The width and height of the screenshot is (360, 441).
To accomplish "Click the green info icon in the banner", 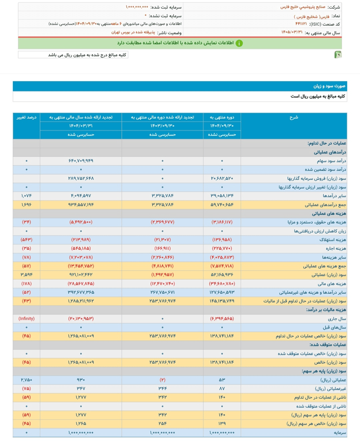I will point(239,43).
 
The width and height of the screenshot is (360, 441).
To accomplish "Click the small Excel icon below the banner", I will point(338,55).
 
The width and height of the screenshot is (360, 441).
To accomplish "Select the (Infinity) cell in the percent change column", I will point(27,318).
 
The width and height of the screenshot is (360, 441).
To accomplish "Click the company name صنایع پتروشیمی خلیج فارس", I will point(300,7).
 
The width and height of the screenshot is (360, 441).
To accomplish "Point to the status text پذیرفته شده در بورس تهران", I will point(135,32).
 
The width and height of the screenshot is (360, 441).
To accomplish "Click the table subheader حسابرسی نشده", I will point(222,134).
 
